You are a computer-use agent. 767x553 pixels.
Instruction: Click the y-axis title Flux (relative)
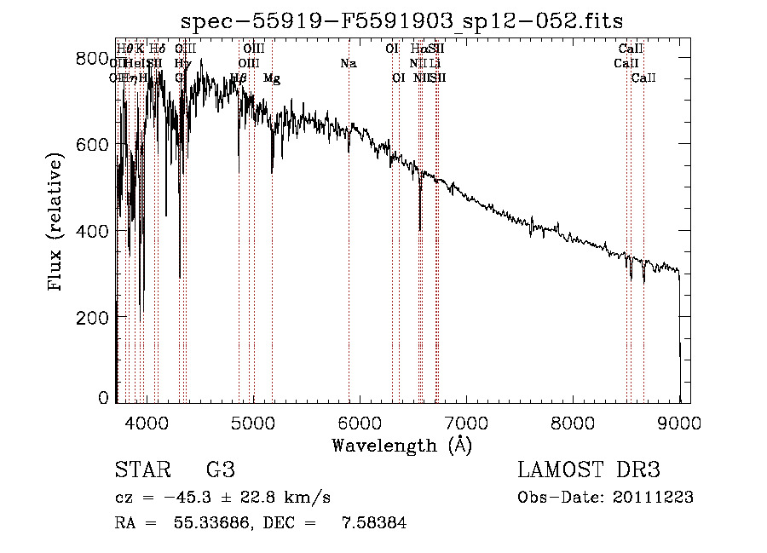coord(56,224)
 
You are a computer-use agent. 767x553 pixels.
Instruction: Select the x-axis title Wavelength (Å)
coord(401,445)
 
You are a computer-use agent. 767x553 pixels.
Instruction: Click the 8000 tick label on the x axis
coord(573,422)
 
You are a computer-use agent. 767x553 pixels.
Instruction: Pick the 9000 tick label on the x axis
coord(679,422)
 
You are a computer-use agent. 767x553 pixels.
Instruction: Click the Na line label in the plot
coord(348,64)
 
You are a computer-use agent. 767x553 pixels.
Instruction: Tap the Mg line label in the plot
coord(272,78)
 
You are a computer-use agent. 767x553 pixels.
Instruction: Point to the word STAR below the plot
coord(141,469)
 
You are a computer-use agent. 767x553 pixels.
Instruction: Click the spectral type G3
coord(221,469)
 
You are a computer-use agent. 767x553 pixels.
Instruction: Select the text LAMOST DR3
coord(589,469)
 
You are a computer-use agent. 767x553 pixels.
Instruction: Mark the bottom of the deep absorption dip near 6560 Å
coord(419,229)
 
